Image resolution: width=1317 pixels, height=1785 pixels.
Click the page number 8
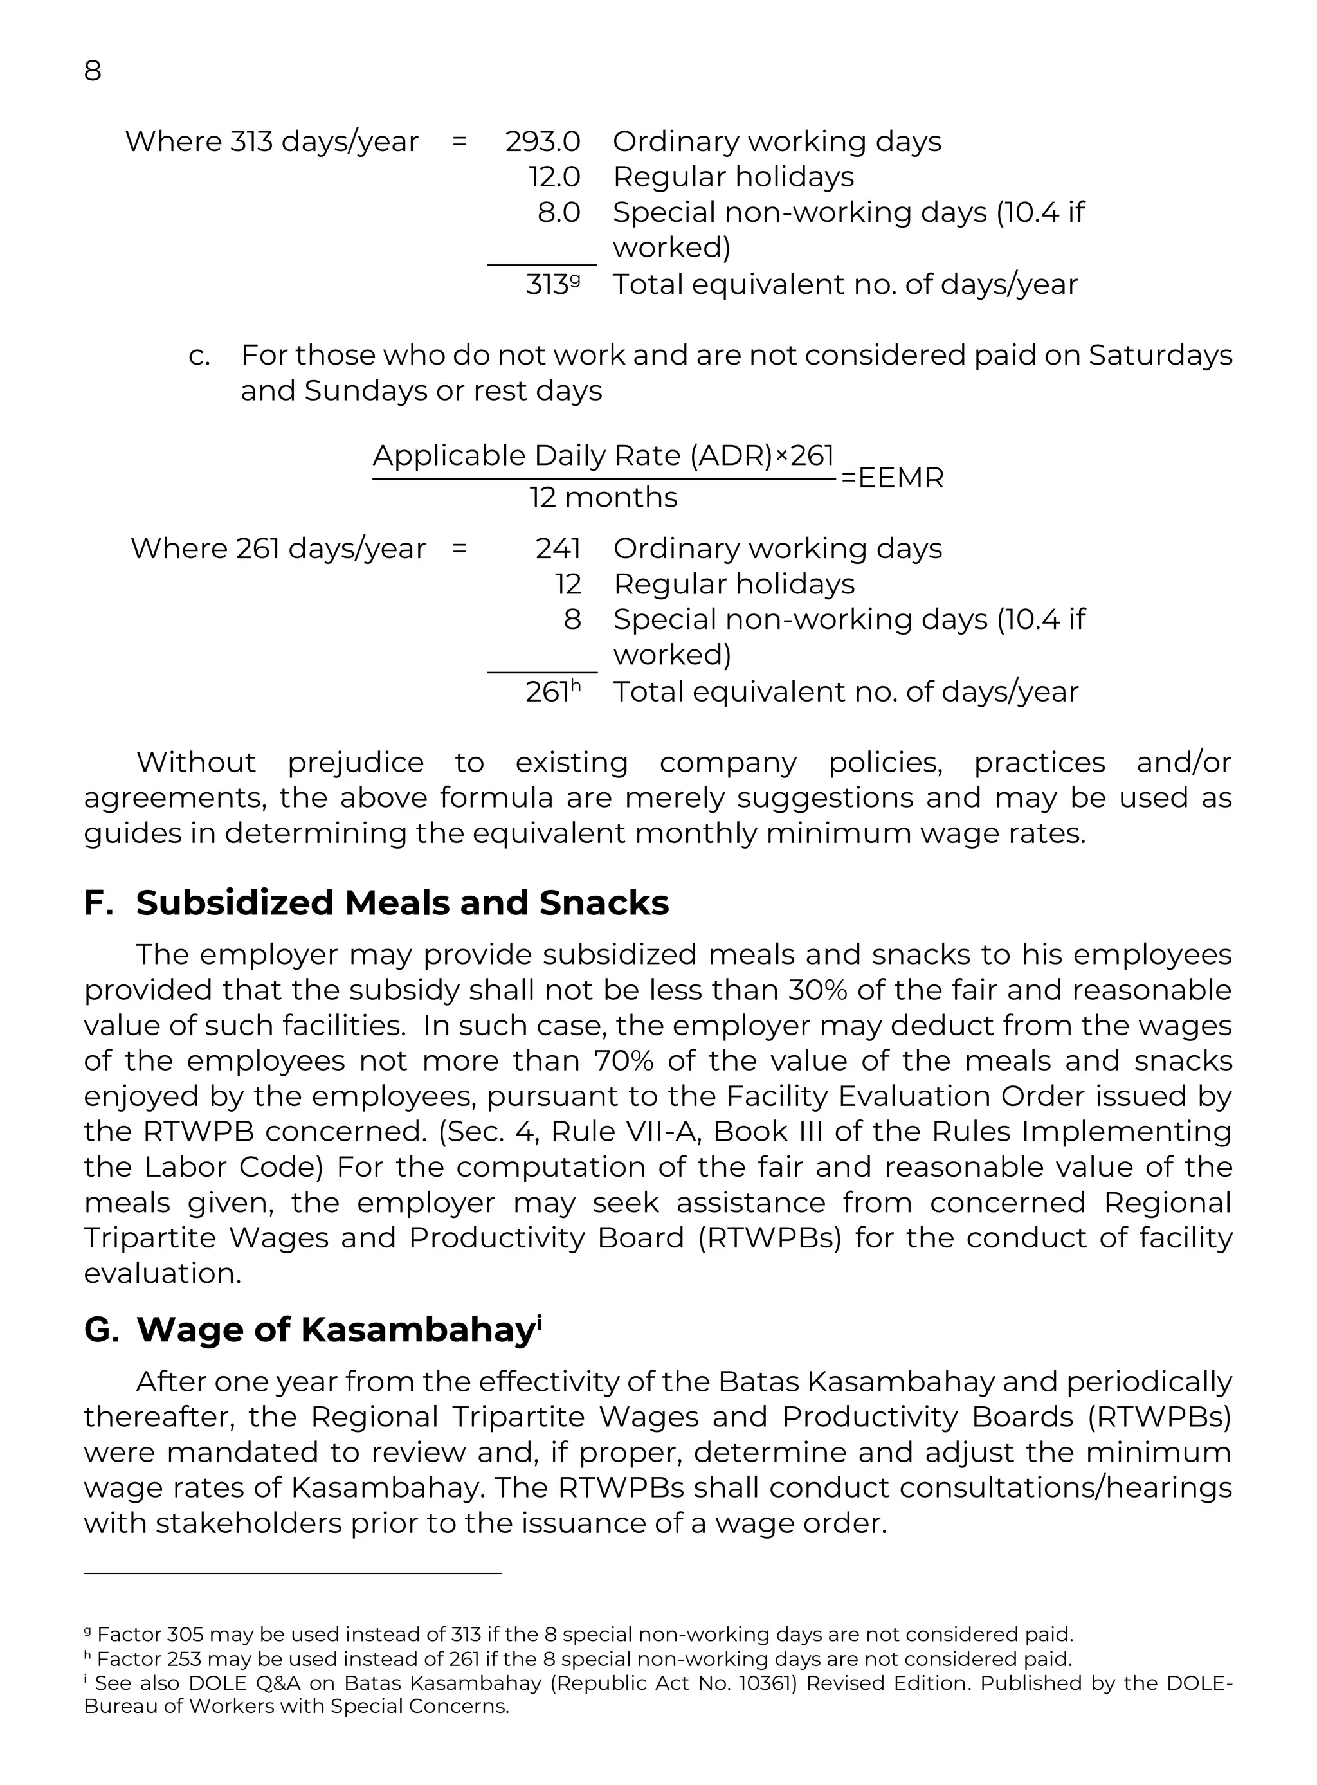(x=93, y=71)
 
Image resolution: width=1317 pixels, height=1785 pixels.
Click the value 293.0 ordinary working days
(x=542, y=142)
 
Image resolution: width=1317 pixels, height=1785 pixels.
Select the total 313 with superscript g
(x=552, y=285)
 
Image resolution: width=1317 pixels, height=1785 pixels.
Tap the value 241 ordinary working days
(x=558, y=549)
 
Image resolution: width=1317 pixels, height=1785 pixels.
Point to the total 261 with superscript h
(x=552, y=692)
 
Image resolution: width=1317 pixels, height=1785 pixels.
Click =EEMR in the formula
(x=892, y=478)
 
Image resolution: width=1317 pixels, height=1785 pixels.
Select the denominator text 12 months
(x=603, y=498)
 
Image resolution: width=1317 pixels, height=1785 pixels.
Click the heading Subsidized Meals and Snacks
(x=402, y=903)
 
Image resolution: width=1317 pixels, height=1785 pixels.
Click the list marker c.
(x=199, y=356)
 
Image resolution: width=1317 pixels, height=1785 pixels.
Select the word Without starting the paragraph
(x=195, y=763)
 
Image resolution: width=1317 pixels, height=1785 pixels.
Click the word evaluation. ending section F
(x=162, y=1274)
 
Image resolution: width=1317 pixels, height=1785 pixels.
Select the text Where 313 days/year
(x=271, y=142)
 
